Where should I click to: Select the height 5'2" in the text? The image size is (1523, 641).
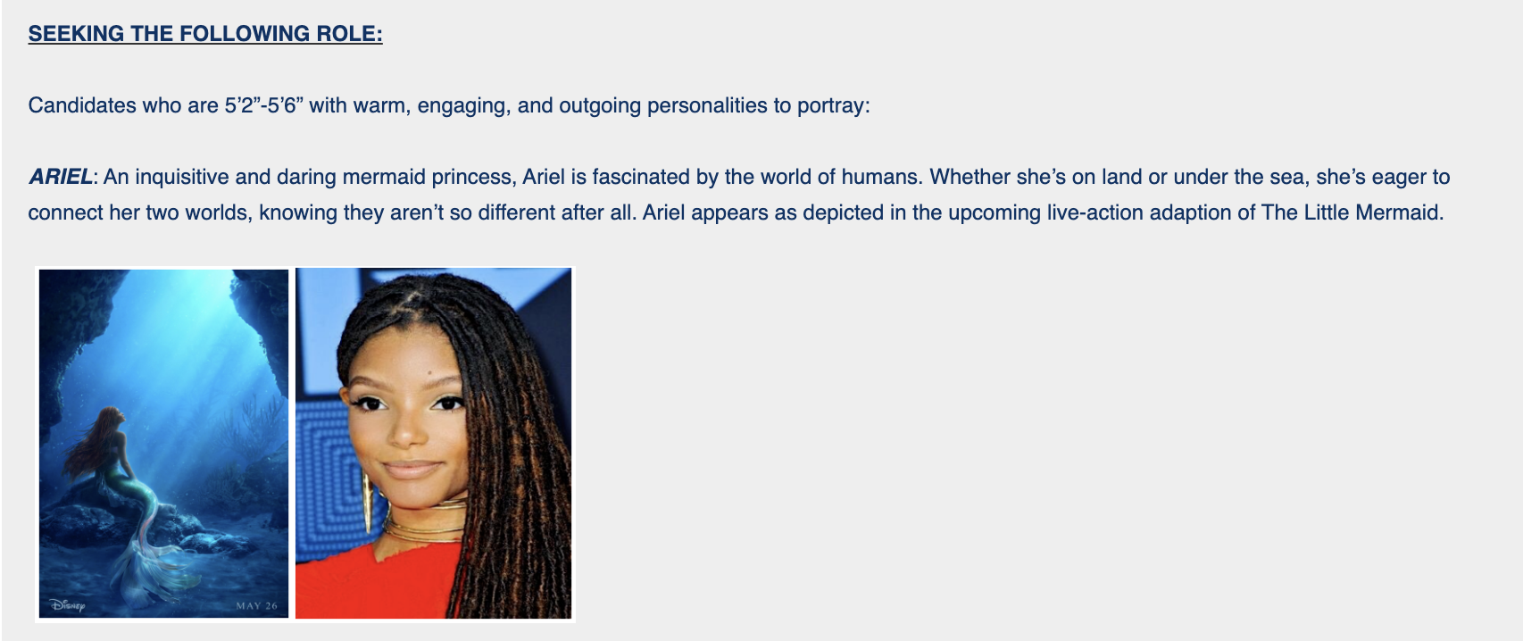[x=244, y=105]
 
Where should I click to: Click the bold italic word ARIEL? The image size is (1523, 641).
[x=61, y=177]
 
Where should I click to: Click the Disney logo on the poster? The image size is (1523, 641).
[x=67, y=604]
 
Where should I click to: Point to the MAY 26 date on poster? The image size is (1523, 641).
[x=256, y=605]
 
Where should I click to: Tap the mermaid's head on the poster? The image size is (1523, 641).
[x=114, y=416]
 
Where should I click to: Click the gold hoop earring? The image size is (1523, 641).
[x=367, y=503]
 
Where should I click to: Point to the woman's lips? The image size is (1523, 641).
[x=412, y=469]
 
